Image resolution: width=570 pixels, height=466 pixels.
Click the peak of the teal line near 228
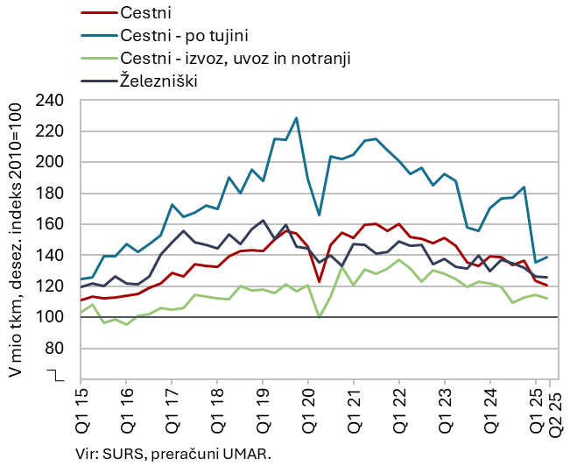pyautogui.click(x=297, y=117)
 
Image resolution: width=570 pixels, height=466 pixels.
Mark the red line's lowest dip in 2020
pyautogui.click(x=320, y=281)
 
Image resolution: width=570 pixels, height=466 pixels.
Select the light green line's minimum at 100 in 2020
pyautogui.click(x=320, y=316)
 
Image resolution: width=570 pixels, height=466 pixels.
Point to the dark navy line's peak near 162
pyautogui.click(x=263, y=221)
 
